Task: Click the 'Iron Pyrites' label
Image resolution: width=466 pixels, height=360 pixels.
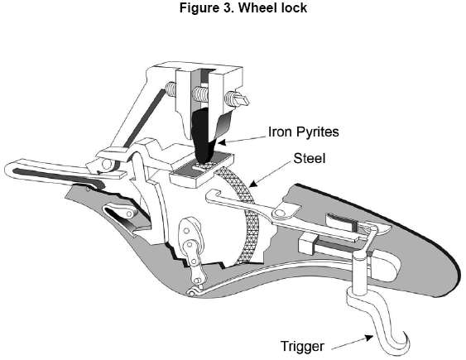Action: click(x=303, y=132)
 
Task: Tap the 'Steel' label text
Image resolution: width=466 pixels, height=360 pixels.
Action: click(x=310, y=158)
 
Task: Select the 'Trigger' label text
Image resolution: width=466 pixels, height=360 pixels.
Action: click(x=302, y=346)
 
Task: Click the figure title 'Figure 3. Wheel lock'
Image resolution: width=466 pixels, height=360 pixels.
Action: click(x=243, y=7)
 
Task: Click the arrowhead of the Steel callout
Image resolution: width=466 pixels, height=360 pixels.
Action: click(x=252, y=185)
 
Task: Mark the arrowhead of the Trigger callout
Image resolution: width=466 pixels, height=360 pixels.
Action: click(x=369, y=338)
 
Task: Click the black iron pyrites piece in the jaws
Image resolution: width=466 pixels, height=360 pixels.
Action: click(x=204, y=135)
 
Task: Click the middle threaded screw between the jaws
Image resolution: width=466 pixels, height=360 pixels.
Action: click(x=199, y=94)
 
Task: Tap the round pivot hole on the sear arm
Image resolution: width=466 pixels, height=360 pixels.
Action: click(x=280, y=212)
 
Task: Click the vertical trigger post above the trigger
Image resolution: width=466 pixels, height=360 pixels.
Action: click(x=359, y=273)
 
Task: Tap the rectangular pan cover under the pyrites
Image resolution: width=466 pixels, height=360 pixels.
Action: click(x=201, y=170)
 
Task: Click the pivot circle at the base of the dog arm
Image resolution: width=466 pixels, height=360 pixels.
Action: click(x=106, y=164)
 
